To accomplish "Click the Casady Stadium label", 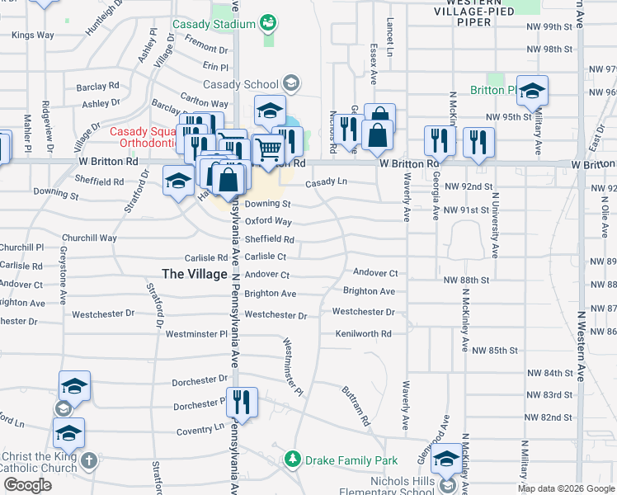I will (x=214, y=25).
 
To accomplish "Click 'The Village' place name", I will (x=194, y=274).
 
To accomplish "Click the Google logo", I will (x=28, y=485).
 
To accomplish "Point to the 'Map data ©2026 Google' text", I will (x=566, y=488).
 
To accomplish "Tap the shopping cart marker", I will (x=268, y=149).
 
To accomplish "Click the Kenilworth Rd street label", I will (x=363, y=333).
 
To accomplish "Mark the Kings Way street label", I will (x=33, y=35).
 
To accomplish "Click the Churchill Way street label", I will (x=91, y=238).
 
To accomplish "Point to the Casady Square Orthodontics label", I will (x=144, y=138).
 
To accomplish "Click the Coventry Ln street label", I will (x=200, y=429).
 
